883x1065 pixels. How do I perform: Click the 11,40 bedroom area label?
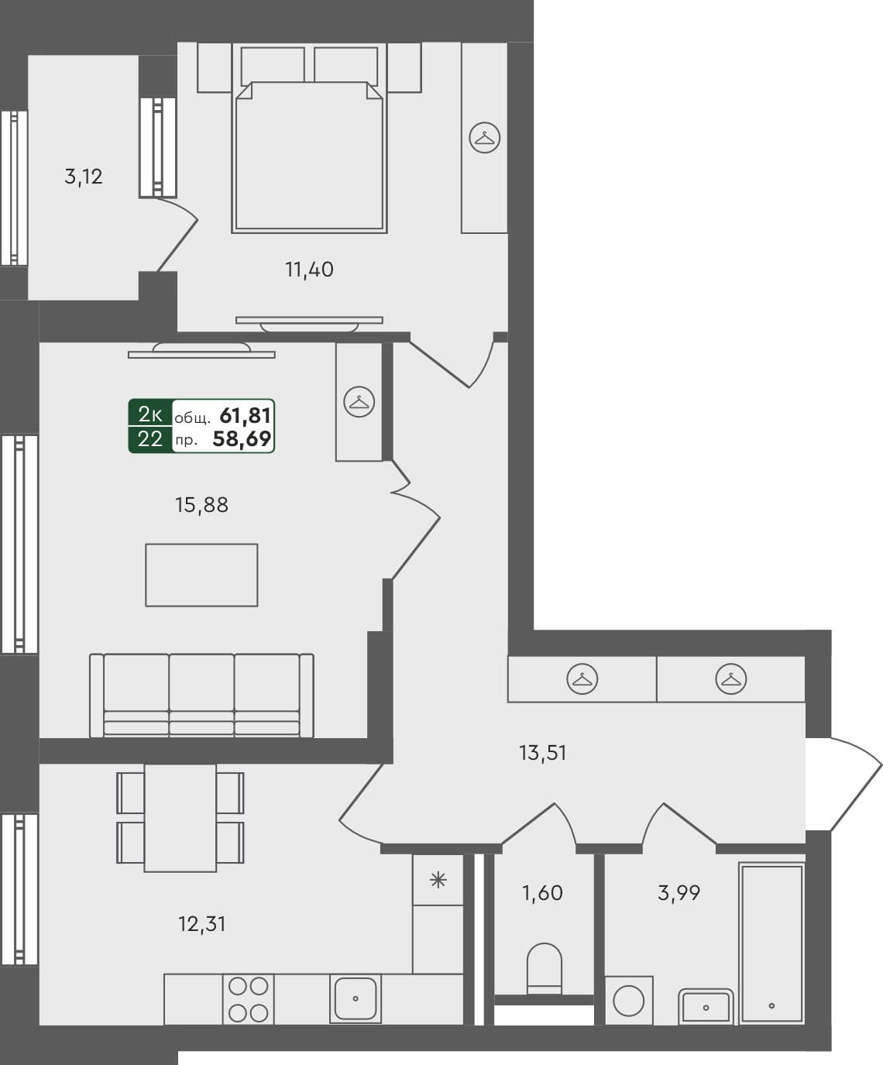tap(309, 270)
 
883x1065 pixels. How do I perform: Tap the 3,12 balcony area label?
tap(84, 177)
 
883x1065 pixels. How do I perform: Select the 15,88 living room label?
tap(201, 505)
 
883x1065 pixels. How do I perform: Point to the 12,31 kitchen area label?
tap(201, 923)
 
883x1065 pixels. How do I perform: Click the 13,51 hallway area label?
tap(542, 752)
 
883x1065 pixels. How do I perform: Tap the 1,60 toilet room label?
tap(542, 893)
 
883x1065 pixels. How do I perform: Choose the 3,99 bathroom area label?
tap(679, 893)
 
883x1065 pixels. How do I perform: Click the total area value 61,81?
tap(246, 416)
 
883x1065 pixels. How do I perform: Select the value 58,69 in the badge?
tap(242, 440)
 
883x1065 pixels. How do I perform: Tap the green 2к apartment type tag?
tap(149, 414)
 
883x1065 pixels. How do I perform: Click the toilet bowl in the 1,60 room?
tap(544, 968)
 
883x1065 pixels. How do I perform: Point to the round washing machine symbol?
tap(628, 1000)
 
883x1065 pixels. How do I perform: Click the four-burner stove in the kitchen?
tap(249, 999)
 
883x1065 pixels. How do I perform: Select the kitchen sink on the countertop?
tap(355, 999)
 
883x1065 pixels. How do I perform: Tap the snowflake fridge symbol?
tap(438, 880)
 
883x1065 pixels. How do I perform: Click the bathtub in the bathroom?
tap(771, 943)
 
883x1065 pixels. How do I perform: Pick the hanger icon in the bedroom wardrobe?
tap(485, 138)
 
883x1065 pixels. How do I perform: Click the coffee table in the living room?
tap(201, 575)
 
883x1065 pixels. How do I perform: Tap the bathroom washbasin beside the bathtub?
tap(706, 1006)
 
